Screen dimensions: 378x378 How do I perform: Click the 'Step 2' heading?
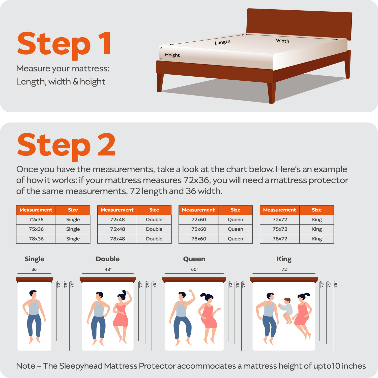(x=66, y=146)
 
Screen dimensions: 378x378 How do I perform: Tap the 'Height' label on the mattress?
(x=172, y=55)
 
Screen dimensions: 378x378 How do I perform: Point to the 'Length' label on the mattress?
(x=222, y=42)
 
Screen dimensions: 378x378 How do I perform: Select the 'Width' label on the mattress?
(x=282, y=41)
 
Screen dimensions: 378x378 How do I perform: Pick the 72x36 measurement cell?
(x=36, y=219)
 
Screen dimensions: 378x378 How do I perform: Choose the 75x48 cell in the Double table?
(x=117, y=229)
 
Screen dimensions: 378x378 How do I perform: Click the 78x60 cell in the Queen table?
(x=198, y=239)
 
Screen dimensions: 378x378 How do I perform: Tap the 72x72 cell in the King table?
(x=280, y=219)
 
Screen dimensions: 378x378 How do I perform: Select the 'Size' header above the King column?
(x=316, y=210)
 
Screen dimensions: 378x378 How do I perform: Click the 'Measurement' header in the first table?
(x=36, y=210)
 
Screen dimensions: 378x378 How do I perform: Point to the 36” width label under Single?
(x=35, y=269)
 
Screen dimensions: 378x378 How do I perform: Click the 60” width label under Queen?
(x=194, y=269)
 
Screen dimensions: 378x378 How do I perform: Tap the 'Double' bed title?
(x=108, y=259)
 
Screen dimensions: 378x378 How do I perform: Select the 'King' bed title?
(x=284, y=259)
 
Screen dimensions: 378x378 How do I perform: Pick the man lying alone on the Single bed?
(x=34, y=315)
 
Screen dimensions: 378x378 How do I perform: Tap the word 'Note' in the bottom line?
(x=25, y=366)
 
